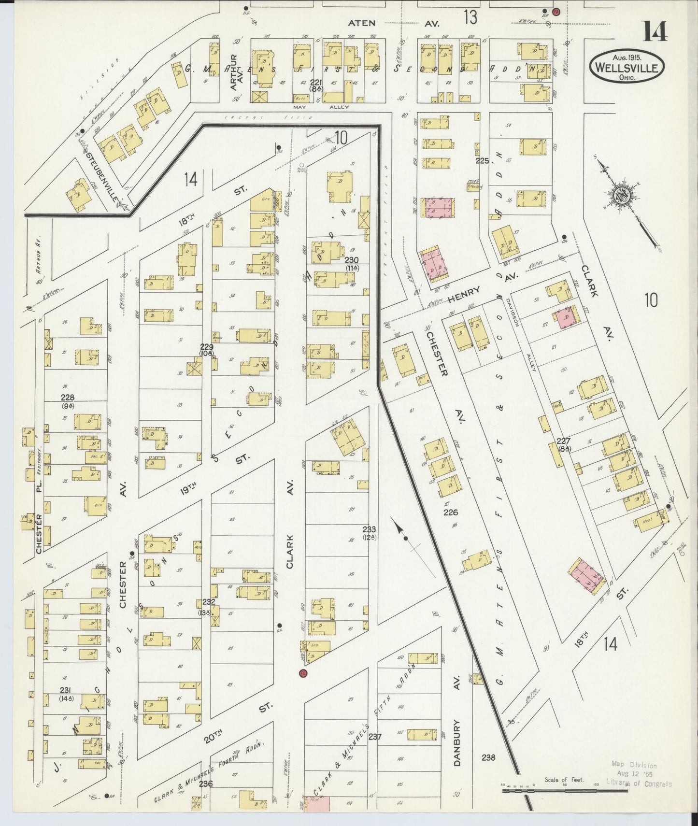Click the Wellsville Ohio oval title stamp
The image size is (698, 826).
click(627, 67)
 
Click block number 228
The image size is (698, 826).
click(67, 398)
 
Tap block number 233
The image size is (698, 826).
click(370, 530)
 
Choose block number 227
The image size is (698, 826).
click(563, 441)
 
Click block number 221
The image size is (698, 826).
click(316, 82)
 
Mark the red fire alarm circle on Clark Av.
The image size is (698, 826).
click(303, 673)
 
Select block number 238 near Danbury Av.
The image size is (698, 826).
click(488, 758)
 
